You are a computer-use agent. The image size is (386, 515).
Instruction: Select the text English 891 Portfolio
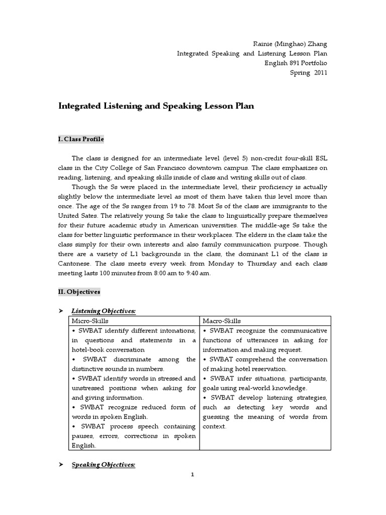coord(296,63)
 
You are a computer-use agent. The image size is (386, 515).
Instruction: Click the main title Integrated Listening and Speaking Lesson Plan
coord(157,106)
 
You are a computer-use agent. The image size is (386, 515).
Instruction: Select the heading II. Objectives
coord(79,292)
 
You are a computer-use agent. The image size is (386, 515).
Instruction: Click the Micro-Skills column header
coord(90,321)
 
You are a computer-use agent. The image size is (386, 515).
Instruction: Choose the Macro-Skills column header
coord(222,321)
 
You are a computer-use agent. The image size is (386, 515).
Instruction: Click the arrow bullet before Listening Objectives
coord(61,311)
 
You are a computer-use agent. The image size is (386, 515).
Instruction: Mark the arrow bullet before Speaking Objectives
coord(61,465)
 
